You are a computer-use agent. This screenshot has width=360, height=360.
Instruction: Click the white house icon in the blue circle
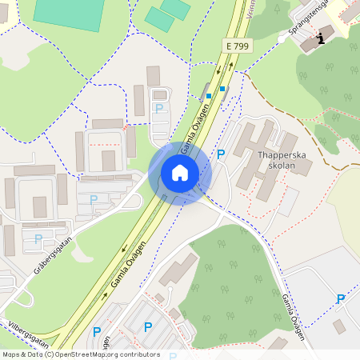(x=179, y=172)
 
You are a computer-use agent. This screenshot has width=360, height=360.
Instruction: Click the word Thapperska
(x=278, y=155)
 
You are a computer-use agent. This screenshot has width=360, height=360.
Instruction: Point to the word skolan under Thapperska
(x=278, y=166)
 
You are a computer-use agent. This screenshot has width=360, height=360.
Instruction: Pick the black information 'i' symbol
(x=322, y=38)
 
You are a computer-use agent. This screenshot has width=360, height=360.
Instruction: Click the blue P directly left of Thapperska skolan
(x=222, y=154)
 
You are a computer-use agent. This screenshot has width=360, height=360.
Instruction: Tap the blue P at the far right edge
(x=341, y=299)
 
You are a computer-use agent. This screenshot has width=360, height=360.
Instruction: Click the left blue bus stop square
(x=209, y=96)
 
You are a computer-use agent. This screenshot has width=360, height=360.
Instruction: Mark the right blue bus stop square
(x=223, y=88)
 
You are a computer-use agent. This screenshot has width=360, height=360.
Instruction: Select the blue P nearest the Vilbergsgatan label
(x=97, y=331)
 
